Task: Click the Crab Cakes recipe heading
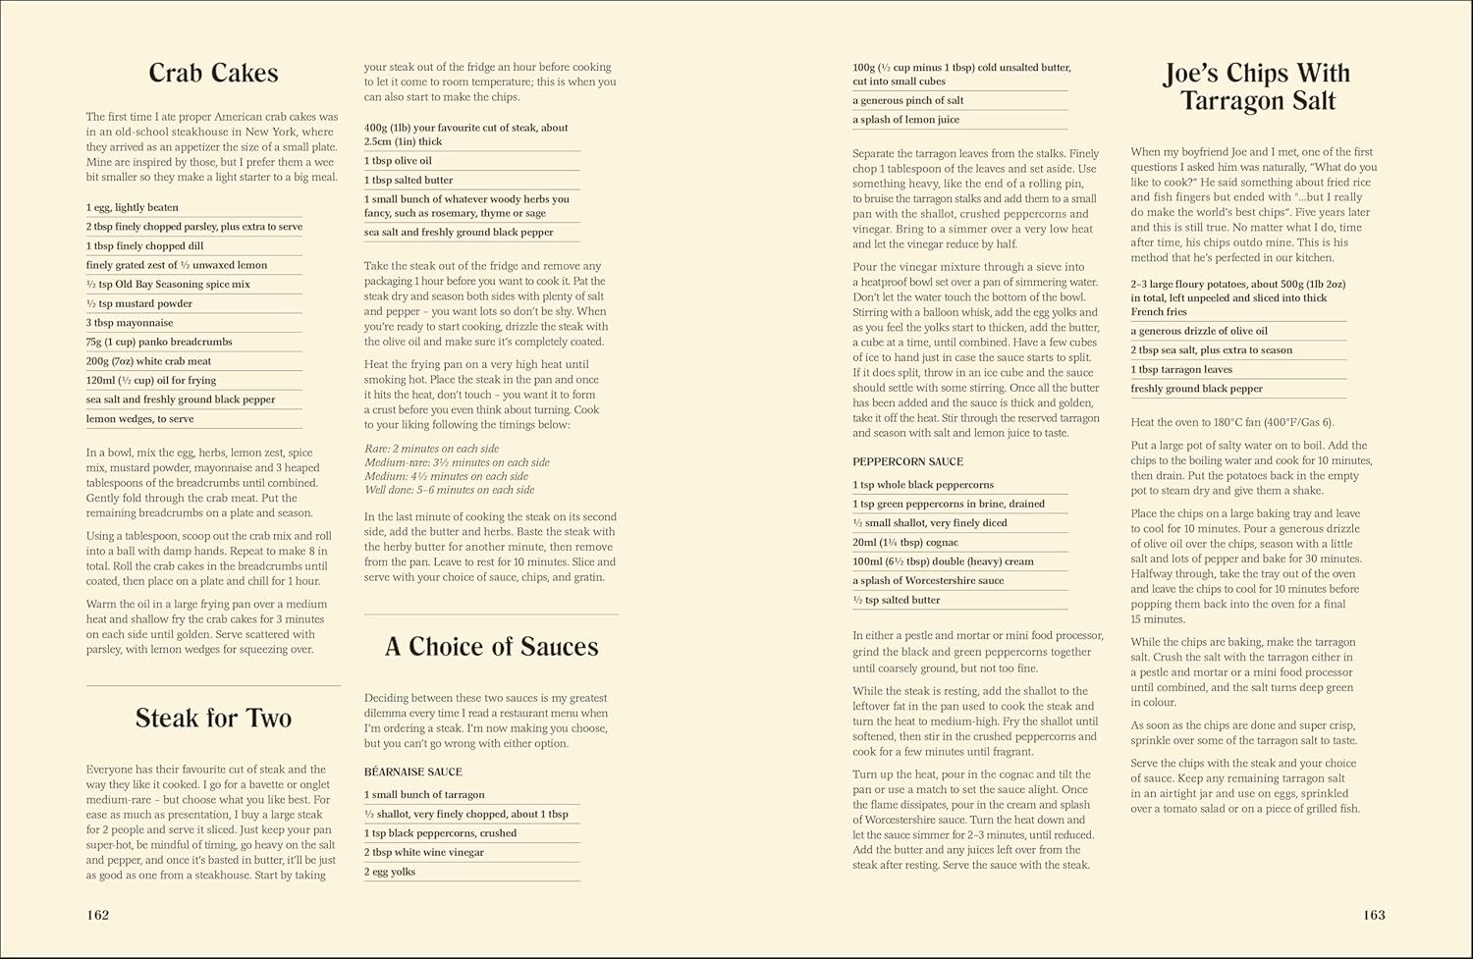tap(213, 74)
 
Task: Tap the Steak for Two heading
tap(213, 719)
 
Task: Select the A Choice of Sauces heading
tap(491, 647)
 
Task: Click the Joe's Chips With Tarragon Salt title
tap(1257, 87)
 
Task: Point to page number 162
tap(97, 915)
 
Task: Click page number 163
tap(1374, 915)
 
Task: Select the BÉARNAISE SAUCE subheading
tap(412, 773)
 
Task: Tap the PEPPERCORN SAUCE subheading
tap(907, 462)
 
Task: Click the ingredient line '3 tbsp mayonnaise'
tap(130, 323)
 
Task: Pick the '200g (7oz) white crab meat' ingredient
tap(148, 361)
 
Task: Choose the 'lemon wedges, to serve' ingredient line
tap(139, 419)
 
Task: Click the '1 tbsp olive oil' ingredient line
tap(398, 161)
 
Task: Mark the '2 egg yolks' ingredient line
tap(390, 872)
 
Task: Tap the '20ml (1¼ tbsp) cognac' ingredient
tap(905, 543)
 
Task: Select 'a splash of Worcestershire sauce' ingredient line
tap(928, 581)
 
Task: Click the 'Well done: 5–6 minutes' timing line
tap(449, 490)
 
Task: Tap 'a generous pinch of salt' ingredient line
tap(908, 101)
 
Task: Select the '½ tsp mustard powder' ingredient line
tap(139, 304)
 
